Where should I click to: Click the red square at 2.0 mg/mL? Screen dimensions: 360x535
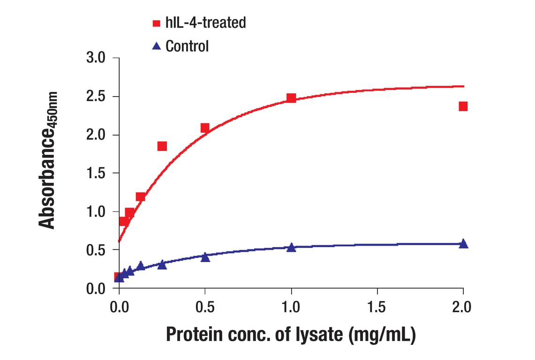pyautogui.click(x=463, y=106)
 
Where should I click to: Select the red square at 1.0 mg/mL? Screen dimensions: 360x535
pyautogui.click(x=291, y=98)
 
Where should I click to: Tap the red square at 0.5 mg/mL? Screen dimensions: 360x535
pyautogui.click(x=205, y=128)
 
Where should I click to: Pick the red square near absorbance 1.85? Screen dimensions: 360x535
pyautogui.click(x=162, y=146)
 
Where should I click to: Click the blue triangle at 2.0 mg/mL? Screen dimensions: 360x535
pyautogui.click(x=463, y=243)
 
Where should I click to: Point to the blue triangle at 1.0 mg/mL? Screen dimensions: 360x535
pyautogui.click(x=291, y=247)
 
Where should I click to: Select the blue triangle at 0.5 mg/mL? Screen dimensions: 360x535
pyautogui.click(x=205, y=257)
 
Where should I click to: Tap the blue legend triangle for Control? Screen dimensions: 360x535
pyautogui.click(x=157, y=45)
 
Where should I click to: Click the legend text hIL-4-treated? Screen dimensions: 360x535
pyautogui.click(x=205, y=22)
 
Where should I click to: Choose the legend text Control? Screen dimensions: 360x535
pyautogui.click(x=187, y=46)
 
